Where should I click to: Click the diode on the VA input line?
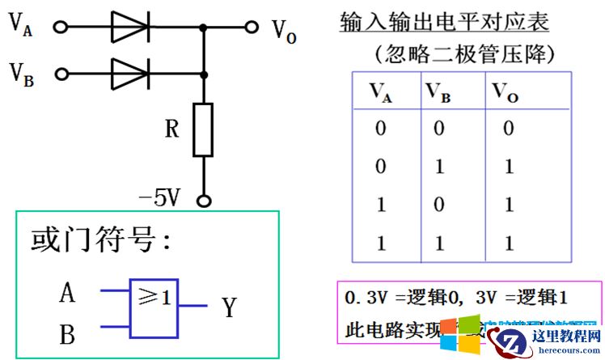(130, 27)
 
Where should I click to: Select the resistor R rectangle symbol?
(203, 129)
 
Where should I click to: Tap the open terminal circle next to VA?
(60, 27)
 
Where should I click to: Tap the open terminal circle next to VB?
(60, 74)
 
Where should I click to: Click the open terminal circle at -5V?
(204, 201)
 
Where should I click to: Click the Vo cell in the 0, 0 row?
(508, 128)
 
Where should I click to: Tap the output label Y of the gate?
(229, 307)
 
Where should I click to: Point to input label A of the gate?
(68, 292)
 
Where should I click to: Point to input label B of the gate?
(68, 332)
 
